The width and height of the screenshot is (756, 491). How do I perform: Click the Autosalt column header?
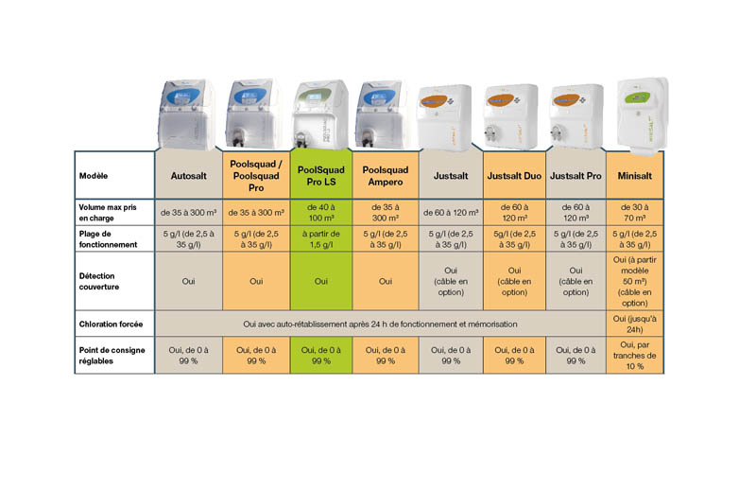click(x=189, y=175)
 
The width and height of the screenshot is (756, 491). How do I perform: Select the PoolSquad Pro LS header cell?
click(x=320, y=175)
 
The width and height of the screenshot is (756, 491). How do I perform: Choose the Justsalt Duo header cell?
click(x=514, y=175)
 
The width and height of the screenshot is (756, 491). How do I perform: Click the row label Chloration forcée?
click(x=114, y=324)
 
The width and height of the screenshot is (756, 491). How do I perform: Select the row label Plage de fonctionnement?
click(x=114, y=237)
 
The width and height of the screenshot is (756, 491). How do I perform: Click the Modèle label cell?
click(x=114, y=175)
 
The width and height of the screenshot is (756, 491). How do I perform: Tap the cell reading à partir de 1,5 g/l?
click(x=320, y=237)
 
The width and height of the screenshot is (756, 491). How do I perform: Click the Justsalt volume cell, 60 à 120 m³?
click(x=451, y=212)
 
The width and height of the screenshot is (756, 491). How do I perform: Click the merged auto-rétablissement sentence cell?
click(x=380, y=324)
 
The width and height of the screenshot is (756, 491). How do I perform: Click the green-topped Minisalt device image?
click(x=635, y=111)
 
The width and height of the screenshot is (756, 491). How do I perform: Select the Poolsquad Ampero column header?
click(x=386, y=175)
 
